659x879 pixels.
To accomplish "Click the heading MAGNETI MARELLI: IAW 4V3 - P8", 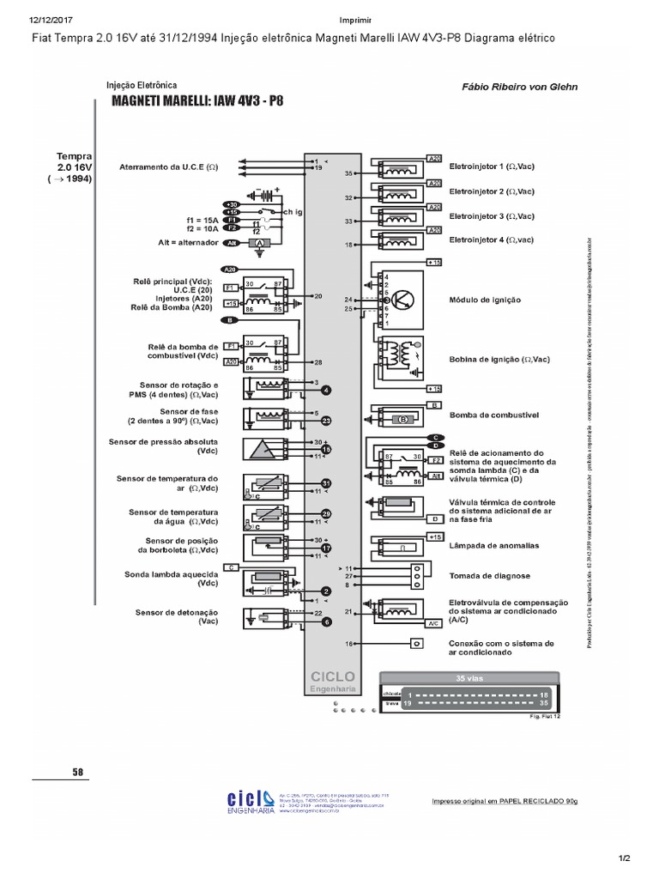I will [x=197, y=100].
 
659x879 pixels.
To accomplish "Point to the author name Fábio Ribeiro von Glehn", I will [x=519, y=86].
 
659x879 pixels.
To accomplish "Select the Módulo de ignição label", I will [x=486, y=300].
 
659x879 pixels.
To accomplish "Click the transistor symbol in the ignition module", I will [x=406, y=300].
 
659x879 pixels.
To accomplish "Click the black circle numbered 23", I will [x=326, y=420].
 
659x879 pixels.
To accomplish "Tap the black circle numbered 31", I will [x=326, y=482].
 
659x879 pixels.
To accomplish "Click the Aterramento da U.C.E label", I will [x=169, y=167].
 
